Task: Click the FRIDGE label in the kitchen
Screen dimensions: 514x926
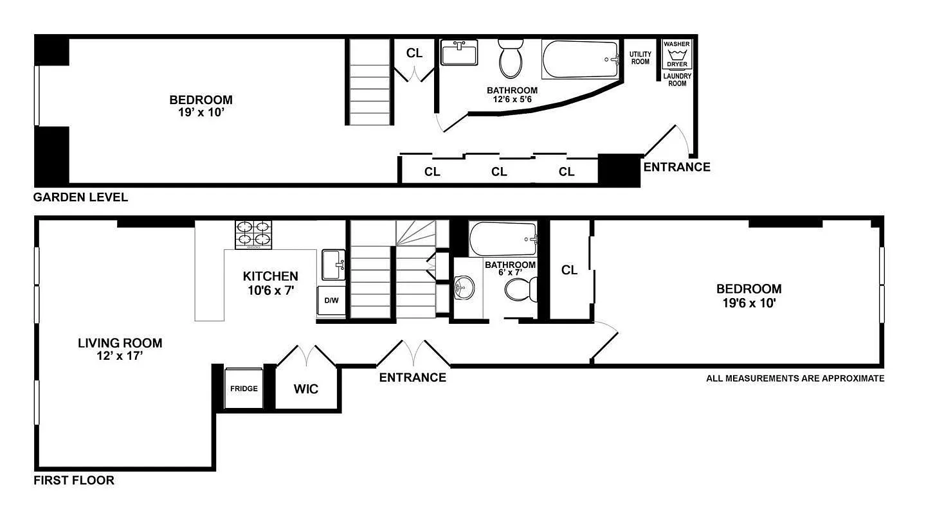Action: (x=244, y=389)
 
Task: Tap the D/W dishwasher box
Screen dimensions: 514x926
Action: (x=331, y=301)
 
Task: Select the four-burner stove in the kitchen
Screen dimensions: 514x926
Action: (x=253, y=235)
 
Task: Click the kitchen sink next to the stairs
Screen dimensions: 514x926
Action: (x=334, y=265)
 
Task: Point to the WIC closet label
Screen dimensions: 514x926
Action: (x=306, y=389)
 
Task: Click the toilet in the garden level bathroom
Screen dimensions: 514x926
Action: (x=511, y=58)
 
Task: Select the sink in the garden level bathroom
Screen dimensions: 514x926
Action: (x=459, y=53)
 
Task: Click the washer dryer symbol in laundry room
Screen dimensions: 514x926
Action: (x=676, y=55)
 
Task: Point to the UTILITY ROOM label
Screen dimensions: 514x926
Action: (x=640, y=58)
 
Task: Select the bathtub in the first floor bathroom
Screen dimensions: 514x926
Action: (x=503, y=239)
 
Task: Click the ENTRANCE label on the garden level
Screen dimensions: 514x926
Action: (x=676, y=167)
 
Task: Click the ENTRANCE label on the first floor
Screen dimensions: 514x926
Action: (x=412, y=377)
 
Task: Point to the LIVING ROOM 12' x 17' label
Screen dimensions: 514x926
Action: (x=120, y=349)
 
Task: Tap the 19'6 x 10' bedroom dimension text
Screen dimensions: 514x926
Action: (x=749, y=303)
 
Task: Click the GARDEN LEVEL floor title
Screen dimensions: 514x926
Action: (x=80, y=197)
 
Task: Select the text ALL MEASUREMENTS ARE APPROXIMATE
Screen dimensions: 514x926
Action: (x=795, y=378)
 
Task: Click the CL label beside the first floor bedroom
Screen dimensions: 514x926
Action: (x=570, y=270)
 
